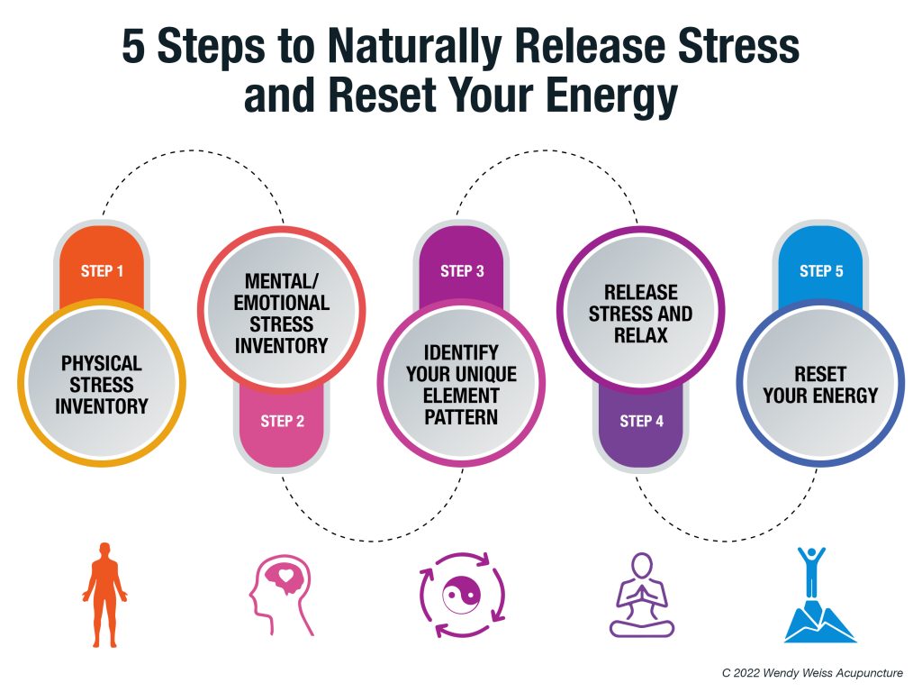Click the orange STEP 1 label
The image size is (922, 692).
102,271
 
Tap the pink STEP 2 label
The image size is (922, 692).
282,422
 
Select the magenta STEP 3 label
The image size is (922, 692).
462,271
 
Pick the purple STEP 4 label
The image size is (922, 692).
641,422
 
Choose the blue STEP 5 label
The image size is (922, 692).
821,271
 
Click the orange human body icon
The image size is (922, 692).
104,595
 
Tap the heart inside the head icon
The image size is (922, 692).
285,575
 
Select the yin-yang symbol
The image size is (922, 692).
462,595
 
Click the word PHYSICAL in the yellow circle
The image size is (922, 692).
102,364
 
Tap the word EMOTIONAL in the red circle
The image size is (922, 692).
282,303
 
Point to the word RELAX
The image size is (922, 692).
641,335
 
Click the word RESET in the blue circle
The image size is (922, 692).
820,374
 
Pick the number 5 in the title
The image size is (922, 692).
133,46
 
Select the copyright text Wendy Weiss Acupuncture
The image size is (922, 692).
833,673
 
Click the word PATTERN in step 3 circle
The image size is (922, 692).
461,417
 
